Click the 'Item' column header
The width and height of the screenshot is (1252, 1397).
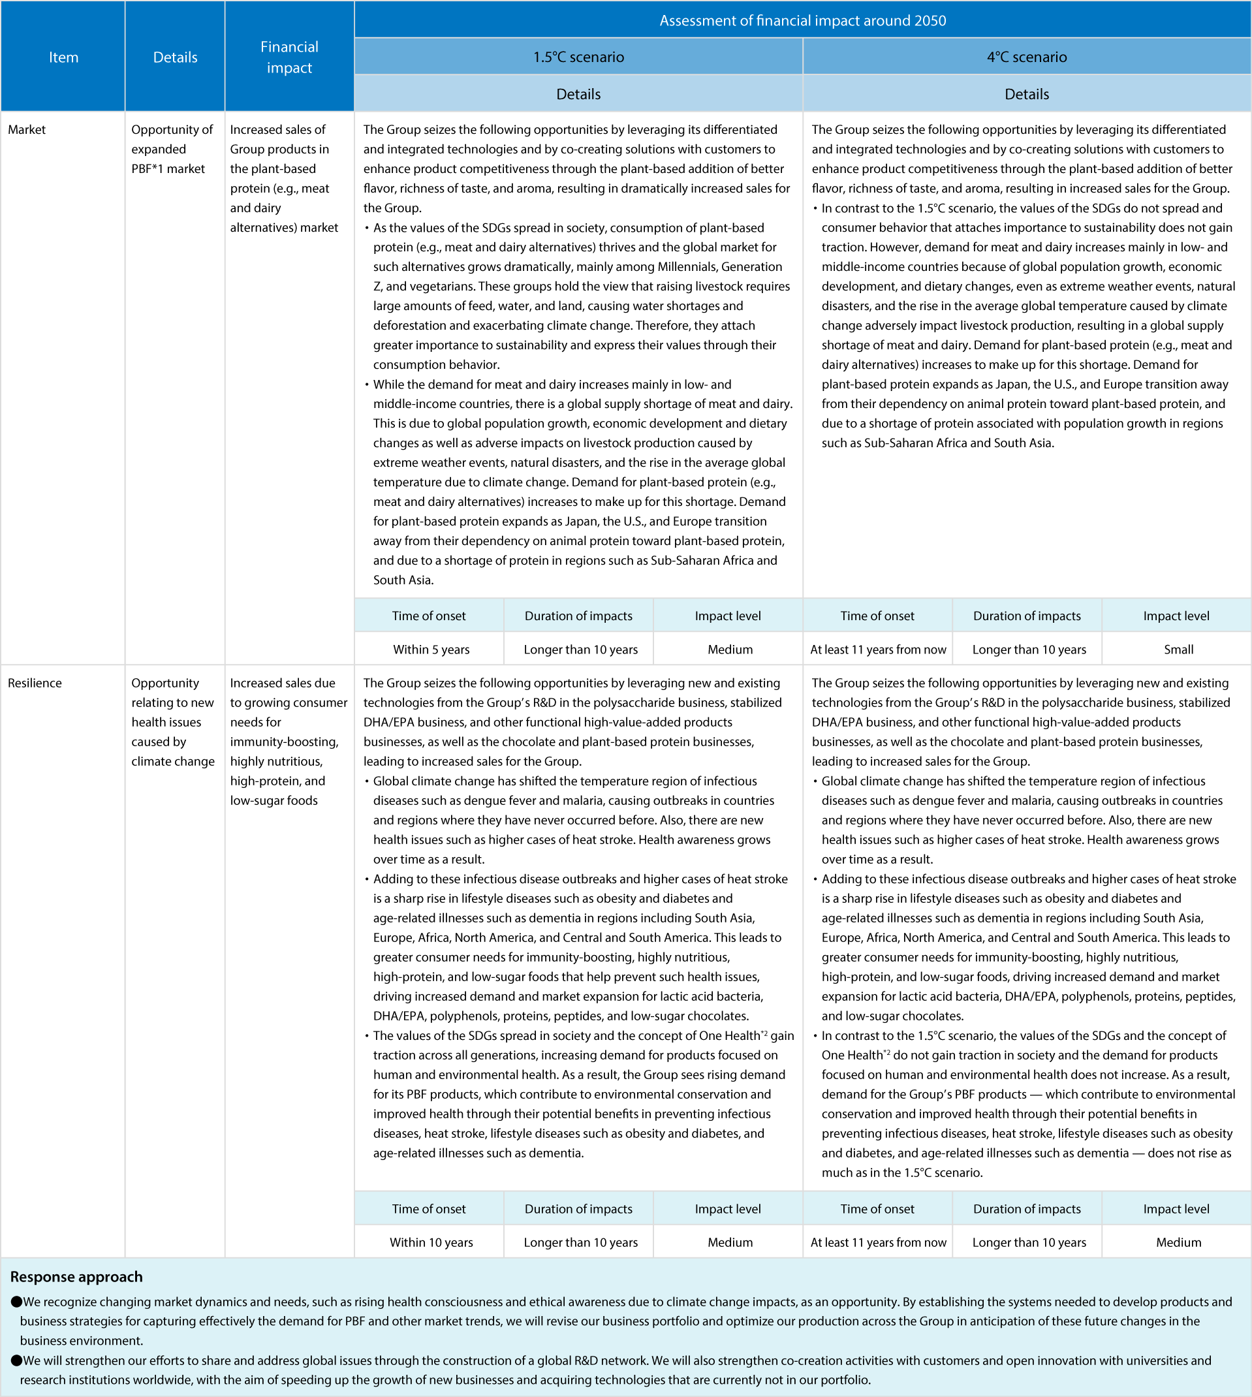63,57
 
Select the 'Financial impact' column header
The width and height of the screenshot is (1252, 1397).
289,57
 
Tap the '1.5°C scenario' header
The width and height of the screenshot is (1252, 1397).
578,56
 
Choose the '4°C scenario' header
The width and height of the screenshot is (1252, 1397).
1026,56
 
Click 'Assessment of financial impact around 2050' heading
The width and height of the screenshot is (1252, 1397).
802,20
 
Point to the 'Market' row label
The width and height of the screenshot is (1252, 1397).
27,129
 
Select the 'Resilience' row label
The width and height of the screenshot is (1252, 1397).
35,683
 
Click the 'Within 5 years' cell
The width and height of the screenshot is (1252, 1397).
431,650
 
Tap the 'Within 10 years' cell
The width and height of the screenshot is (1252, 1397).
431,1242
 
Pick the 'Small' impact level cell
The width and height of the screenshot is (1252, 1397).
1178,650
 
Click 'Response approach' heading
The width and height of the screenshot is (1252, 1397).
76,1277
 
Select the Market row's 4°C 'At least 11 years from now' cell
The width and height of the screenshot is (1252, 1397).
878,650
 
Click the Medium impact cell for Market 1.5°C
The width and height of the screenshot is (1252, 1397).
730,650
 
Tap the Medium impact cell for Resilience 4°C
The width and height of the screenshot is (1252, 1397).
1178,1242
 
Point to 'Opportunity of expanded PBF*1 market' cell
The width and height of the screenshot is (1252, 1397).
172,149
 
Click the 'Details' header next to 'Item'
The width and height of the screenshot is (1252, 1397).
175,57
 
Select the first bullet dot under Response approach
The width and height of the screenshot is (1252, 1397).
16,1302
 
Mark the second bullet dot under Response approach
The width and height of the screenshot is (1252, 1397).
16,1360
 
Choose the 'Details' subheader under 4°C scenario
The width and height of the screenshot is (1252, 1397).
1026,93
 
